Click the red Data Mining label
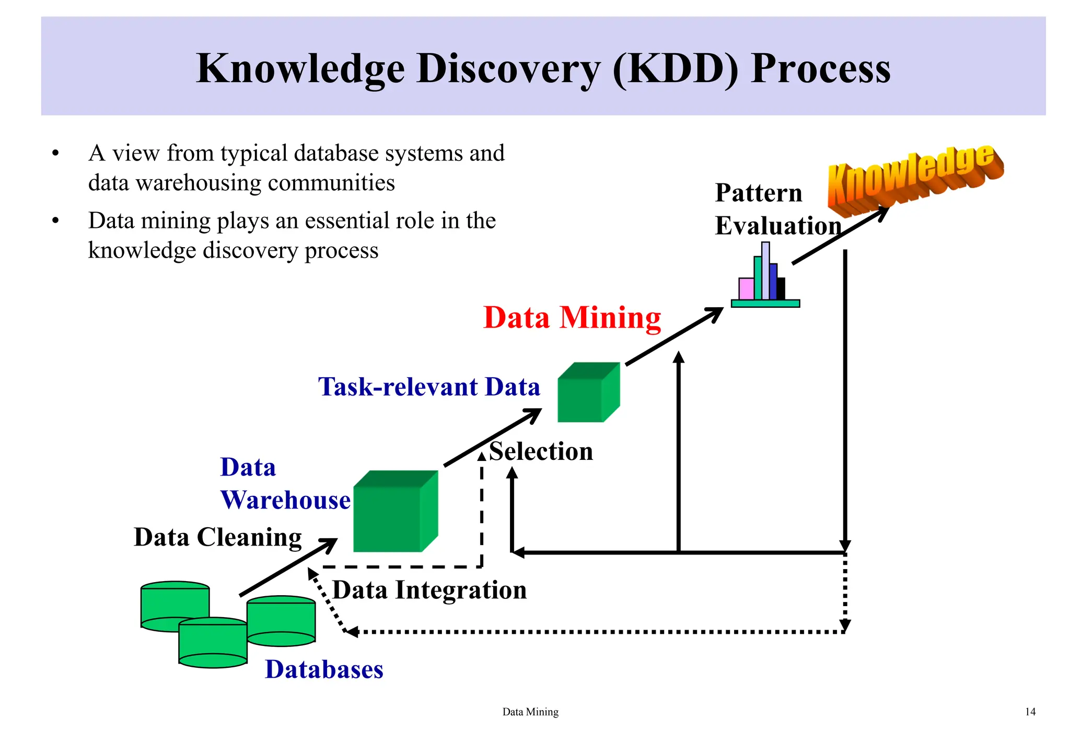click(x=572, y=318)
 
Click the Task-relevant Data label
click(x=429, y=387)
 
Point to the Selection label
click(x=541, y=451)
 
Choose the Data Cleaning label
click(x=218, y=537)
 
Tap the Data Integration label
click(x=429, y=590)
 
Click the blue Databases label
click(x=324, y=669)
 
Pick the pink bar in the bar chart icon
click(x=746, y=288)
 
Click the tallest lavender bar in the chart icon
click(x=765, y=271)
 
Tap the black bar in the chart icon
click(x=781, y=288)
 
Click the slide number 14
click(x=1030, y=712)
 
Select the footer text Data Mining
click(x=530, y=712)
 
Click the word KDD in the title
click(x=675, y=68)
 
